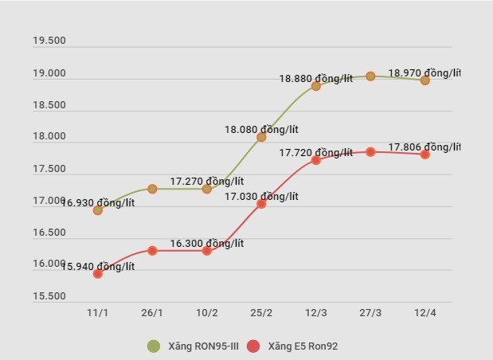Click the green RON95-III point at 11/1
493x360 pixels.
98,210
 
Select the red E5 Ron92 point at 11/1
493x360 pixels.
98,274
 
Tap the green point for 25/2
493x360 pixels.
261,137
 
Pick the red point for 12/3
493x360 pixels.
316,160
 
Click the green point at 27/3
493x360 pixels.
370,76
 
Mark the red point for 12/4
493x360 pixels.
425,155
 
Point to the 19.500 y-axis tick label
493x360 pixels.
49,41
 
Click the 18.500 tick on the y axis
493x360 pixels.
49,105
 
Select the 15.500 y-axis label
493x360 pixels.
49,296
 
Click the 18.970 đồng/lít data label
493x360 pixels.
424,73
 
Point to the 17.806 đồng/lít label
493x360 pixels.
424,147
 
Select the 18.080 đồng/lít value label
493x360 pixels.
260,129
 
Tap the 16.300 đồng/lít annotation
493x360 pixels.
206,244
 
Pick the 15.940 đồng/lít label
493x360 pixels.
98,267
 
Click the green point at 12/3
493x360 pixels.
316,86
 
